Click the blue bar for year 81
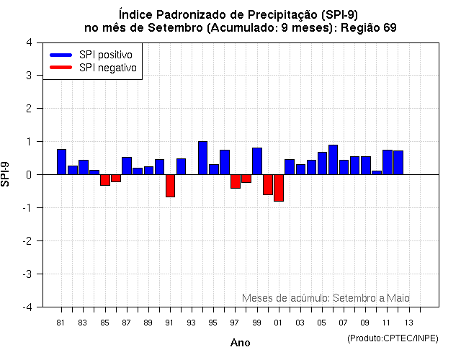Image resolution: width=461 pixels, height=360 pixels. [61, 161]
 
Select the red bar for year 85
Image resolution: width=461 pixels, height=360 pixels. [105, 180]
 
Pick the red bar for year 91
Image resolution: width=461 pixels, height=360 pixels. [170, 185]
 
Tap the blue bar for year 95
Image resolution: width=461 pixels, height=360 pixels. [213, 169]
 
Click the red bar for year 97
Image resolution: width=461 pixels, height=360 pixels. [236, 181]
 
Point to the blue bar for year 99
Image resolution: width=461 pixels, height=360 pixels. [257, 161]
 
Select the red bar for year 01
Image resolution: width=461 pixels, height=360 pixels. [279, 188]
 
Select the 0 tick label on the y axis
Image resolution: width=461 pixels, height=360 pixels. [28, 175]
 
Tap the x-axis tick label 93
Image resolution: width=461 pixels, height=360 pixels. [192, 323]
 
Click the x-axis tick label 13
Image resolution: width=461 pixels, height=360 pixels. [408, 323]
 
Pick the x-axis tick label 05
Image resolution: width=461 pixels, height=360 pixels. [322, 323]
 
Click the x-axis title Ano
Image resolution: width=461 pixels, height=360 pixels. [240, 343]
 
